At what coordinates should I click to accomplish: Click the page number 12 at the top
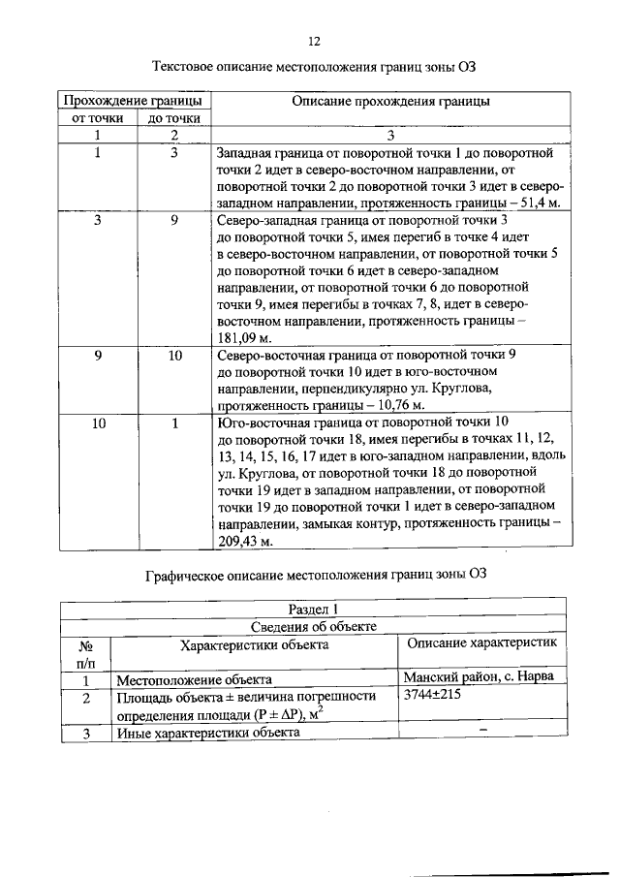click(x=313, y=41)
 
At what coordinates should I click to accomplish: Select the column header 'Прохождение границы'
click(x=132, y=101)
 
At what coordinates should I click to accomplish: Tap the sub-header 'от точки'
click(x=98, y=118)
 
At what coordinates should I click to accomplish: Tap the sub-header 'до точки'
click(x=174, y=118)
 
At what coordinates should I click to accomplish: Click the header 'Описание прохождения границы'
click(x=390, y=101)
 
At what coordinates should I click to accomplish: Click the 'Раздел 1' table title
click(x=313, y=609)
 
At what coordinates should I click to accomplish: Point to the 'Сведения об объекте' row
click(x=313, y=626)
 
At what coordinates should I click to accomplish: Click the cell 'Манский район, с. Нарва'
click(x=479, y=678)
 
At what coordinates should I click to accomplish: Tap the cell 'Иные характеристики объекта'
click(x=208, y=733)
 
